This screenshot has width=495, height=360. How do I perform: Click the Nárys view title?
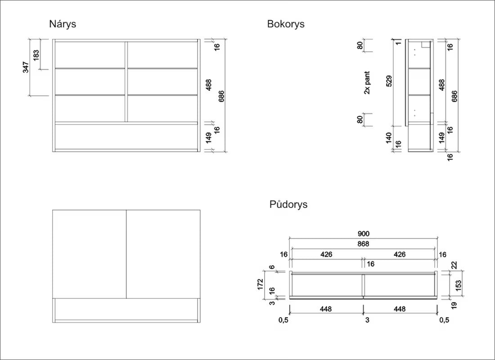63,24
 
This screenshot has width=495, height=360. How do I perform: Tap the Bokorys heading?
286,24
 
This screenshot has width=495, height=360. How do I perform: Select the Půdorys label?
288,204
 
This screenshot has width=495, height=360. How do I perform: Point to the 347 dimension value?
26,67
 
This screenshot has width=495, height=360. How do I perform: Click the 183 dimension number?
36,55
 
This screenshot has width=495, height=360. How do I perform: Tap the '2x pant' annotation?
367,82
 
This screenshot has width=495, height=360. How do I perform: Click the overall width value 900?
363,234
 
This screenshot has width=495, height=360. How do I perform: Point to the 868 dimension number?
363,244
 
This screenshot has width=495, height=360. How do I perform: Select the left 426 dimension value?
326,254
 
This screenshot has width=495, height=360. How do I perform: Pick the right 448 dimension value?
400,309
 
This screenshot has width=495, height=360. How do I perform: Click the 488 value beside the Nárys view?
209,85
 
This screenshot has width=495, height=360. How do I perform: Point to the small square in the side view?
425,44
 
